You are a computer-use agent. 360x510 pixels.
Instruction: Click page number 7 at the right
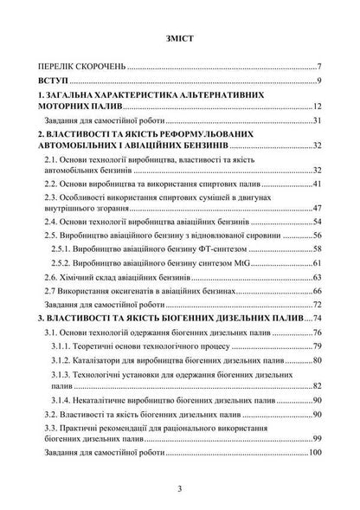[x=319, y=67]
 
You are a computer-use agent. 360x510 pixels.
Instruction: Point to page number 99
[x=318, y=439]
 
